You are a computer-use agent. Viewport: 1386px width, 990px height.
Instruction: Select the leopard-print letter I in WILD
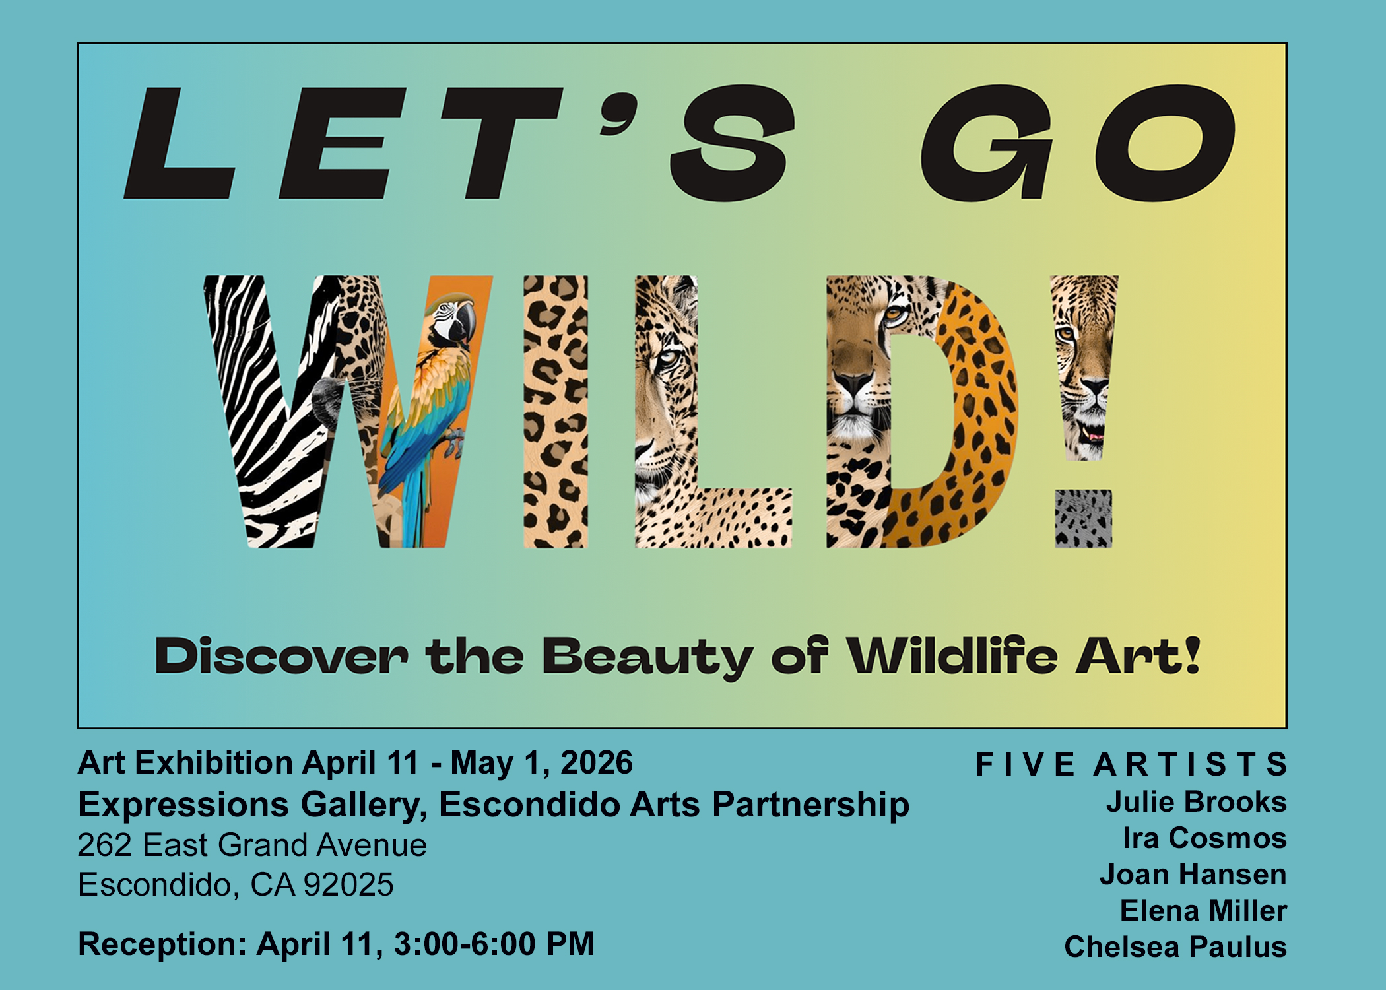tap(555, 412)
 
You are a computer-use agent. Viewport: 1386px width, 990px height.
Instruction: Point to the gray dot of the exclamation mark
tap(1083, 519)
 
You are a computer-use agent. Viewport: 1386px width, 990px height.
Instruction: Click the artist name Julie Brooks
tap(1197, 802)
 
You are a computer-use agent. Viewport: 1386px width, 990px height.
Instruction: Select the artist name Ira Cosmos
tap(1205, 838)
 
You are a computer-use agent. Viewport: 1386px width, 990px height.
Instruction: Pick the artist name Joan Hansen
tap(1193, 874)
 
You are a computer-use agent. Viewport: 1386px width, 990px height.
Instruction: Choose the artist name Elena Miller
tap(1204, 911)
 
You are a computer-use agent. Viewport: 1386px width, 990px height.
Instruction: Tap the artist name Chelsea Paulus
tap(1176, 947)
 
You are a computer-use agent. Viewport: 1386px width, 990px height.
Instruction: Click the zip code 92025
tap(348, 885)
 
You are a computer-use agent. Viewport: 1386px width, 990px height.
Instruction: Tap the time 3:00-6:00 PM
tap(494, 944)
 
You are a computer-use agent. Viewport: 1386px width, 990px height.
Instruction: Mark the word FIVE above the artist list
tap(1026, 765)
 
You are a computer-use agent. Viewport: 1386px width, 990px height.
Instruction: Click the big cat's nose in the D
tap(854, 383)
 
